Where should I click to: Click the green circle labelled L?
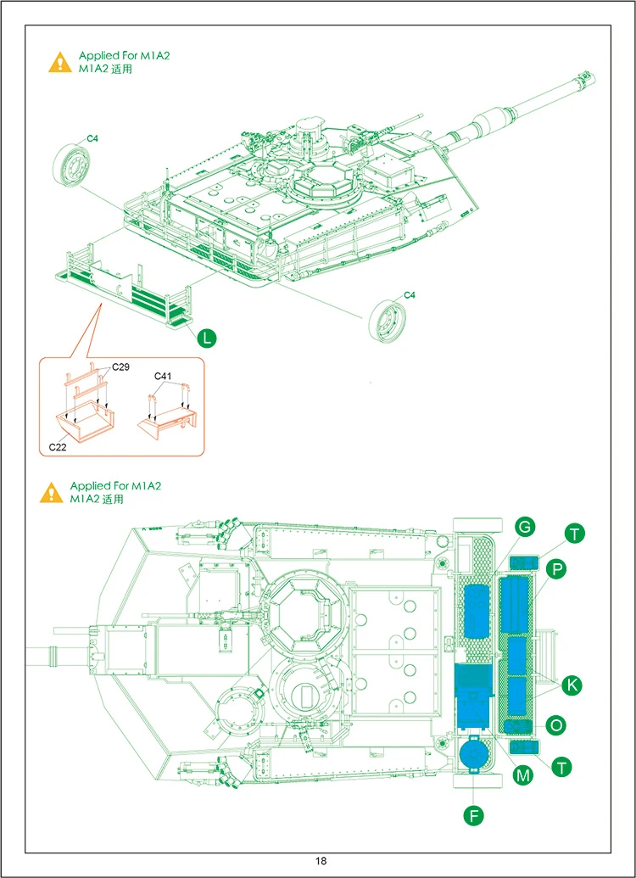pyautogui.click(x=207, y=338)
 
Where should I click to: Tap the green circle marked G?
pyautogui.click(x=525, y=528)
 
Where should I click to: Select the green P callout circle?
pyautogui.click(x=555, y=570)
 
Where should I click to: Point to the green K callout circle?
pyautogui.click(x=572, y=684)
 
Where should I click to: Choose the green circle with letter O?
pyautogui.click(x=556, y=725)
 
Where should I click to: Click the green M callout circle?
pyautogui.click(x=523, y=774)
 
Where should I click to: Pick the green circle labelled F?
pyautogui.click(x=475, y=816)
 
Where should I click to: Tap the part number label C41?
pyautogui.click(x=164, y=376)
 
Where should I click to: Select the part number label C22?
pyautogui.click(x=58, y=445)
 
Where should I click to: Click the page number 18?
pyautogui.click(x=321, y=861)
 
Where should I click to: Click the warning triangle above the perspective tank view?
pyautogui.click(x=59, y=62)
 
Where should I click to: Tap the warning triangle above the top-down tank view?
pyautogui.click(x=52, y=492)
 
